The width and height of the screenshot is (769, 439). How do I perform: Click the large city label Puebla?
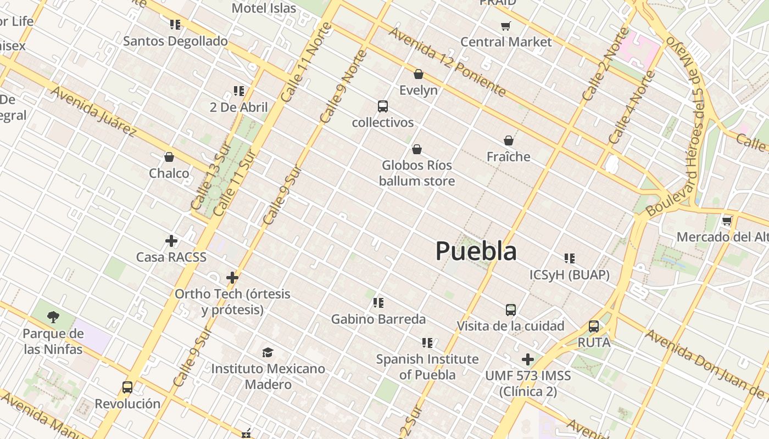[476, 251]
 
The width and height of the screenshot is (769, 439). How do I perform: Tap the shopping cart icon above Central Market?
[506, 26]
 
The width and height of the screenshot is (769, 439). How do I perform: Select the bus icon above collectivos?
[383, 106]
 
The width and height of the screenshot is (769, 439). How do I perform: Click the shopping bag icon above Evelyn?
[419, 74]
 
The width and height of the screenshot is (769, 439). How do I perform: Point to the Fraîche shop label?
[509, 157]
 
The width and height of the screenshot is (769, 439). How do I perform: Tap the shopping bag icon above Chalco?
[169, 157]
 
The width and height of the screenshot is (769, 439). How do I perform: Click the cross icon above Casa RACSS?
[171, 240]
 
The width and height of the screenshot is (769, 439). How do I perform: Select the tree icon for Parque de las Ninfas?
[53, 317]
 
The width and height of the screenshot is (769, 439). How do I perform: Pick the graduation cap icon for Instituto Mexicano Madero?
[268, 352]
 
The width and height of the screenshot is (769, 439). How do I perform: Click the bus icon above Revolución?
[127, 387]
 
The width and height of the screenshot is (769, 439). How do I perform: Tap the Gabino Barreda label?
[378, 319]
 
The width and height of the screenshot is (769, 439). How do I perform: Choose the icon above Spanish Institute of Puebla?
[427, 343]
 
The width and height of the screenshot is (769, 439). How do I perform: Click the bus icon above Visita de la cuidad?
[511, 310]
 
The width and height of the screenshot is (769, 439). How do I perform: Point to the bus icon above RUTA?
[594, 327]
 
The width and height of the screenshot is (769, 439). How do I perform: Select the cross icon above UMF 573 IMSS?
[528, 359]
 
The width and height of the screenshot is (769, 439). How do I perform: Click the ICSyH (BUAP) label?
[569, 275]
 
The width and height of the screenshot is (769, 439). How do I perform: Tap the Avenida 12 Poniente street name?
[447, 61]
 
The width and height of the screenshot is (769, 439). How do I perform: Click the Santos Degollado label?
[175, 41]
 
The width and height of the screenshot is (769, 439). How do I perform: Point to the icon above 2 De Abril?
[239, 91]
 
